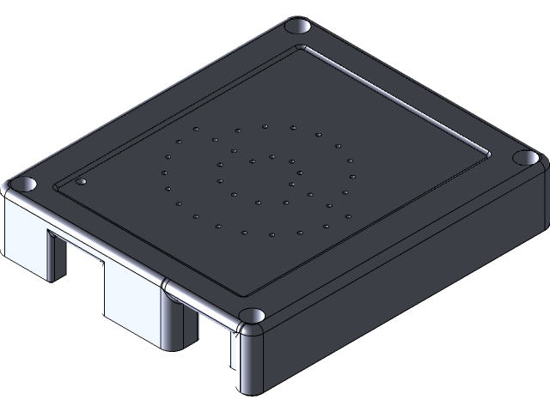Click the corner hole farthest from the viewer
299,27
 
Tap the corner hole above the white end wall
25,185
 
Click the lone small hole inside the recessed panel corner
81,182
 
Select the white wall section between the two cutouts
133,296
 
